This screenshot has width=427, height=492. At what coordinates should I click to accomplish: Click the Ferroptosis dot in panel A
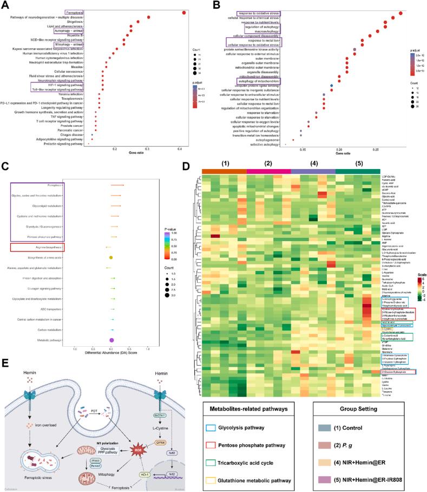point(185,12)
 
